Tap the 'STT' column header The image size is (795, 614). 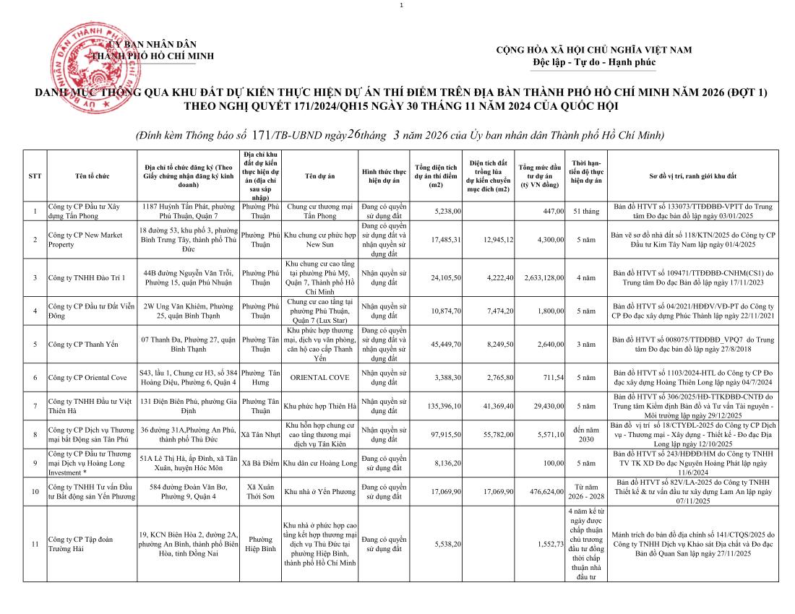point(35,176)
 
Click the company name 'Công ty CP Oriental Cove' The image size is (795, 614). point(87,378)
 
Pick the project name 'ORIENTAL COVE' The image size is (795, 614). point(319,378)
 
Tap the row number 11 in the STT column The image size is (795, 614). point(35,544)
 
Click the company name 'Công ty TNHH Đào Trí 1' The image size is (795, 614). point(86,277)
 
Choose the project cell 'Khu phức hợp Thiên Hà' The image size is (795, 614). point(319,406)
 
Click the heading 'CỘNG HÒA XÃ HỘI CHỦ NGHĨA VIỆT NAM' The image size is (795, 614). point(593,50)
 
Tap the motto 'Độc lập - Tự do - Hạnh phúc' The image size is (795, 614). point(593,62)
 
